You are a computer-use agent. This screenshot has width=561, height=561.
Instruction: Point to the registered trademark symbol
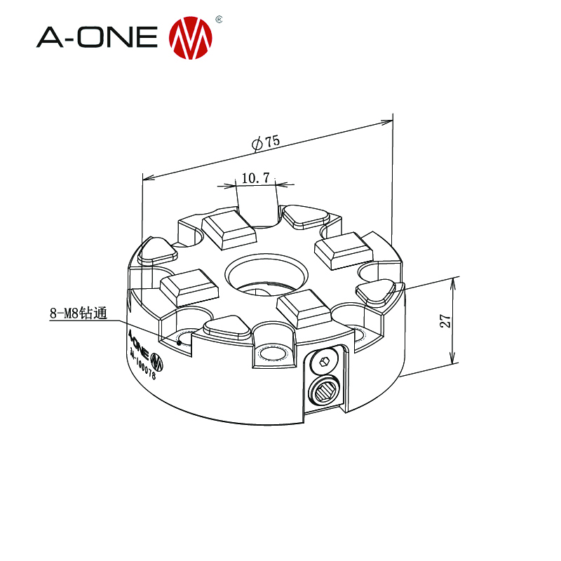pos(218,19)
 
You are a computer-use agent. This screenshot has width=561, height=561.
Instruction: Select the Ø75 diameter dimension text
pos(266,142)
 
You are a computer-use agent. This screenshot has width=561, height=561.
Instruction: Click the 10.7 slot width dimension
pos(255,179)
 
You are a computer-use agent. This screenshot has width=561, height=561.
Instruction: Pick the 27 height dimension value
pos(445,321)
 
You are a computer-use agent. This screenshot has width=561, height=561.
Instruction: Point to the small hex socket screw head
pos(323,362)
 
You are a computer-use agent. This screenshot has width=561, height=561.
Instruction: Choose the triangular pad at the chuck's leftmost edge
pos(158,250)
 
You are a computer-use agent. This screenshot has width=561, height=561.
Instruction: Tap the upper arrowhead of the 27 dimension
pos(454,281)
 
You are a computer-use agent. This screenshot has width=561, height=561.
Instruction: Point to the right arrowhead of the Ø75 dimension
pos(387,121)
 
